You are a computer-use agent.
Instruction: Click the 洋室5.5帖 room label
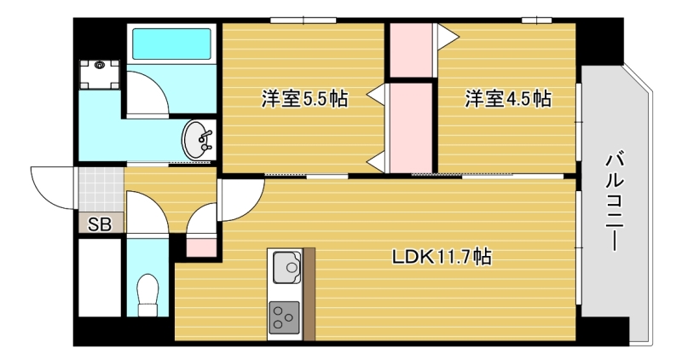[x=303, y=99]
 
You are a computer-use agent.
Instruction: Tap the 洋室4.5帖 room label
[x=507, y=99]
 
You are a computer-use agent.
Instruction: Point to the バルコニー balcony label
[x=614, y=201]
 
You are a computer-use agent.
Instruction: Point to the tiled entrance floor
[x=101, y=189]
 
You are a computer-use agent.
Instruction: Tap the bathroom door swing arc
[x=145, y=93]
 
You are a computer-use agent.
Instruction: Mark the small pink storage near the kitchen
[x=201, y=247]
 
